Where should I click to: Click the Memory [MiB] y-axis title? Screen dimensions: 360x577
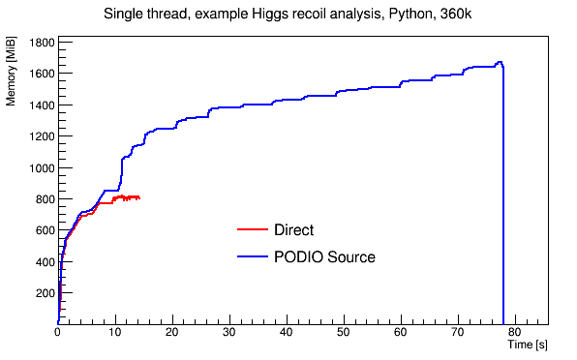coord(13,88)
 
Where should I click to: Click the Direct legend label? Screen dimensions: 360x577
coord(293,230)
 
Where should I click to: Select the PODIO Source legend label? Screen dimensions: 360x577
coord(324,257)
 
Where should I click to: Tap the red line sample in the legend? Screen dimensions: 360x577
coord(252,230)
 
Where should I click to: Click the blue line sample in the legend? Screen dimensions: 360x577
coord(252,257)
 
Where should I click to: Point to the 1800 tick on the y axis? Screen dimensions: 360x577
coord(41,43)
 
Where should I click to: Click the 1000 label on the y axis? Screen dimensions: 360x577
coord(41,168)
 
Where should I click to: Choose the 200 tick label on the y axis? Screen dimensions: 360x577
coord(44,293)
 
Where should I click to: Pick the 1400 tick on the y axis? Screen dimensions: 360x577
coord(41,105)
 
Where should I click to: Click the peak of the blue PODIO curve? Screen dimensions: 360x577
coord(500,63)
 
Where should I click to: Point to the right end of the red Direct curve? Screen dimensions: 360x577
coord(139,198)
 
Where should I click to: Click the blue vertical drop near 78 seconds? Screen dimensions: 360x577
coord(503,194)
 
